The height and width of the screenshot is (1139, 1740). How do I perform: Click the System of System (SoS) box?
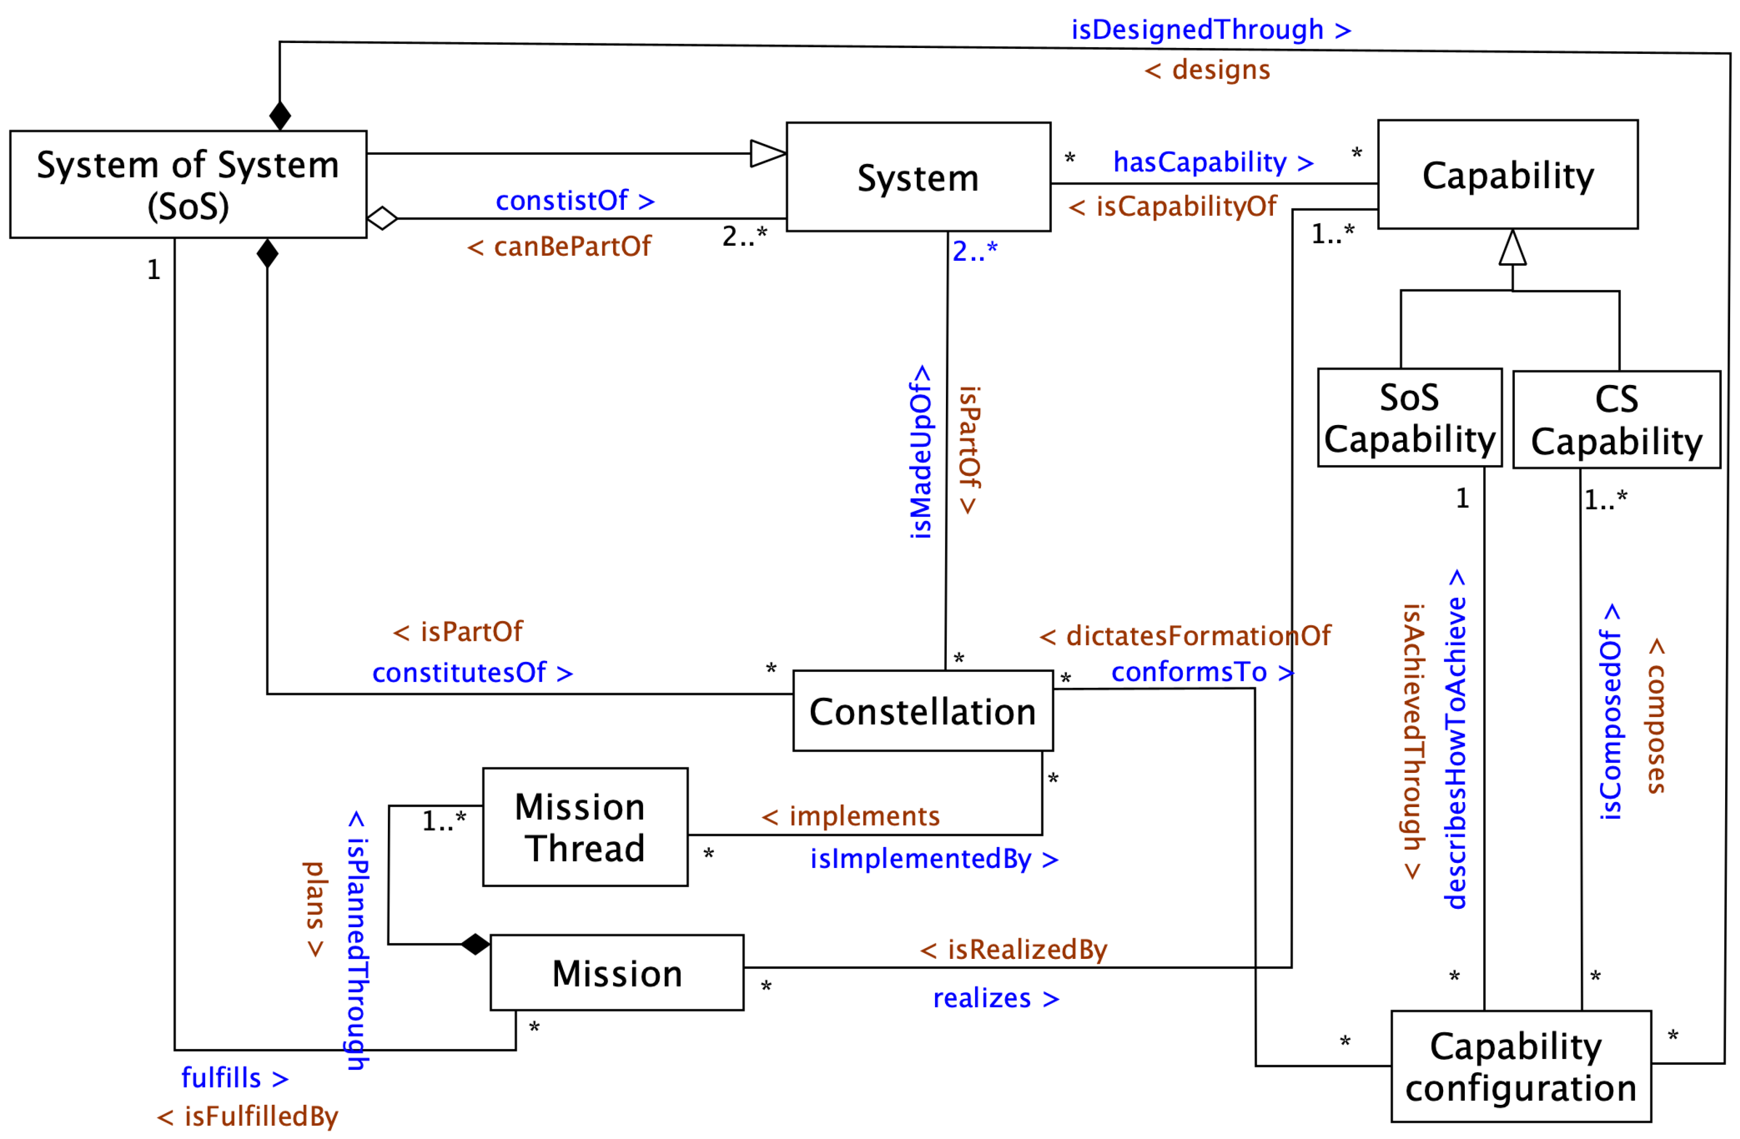point(188,184)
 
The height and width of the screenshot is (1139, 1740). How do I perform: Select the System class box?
point(918,177)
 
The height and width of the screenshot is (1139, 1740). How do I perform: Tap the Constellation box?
point(923,711)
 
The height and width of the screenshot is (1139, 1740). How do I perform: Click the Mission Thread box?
point(585,827)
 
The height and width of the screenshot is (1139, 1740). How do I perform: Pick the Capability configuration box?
point(1521,1066)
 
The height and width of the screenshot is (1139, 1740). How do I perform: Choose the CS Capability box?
point(1616,420)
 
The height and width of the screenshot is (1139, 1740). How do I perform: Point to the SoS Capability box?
point(1409,418)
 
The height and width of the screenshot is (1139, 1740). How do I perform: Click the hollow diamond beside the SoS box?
point(381,218)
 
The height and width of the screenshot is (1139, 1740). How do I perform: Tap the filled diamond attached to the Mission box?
point(475,945)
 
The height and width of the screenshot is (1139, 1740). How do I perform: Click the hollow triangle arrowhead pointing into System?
point(768,153)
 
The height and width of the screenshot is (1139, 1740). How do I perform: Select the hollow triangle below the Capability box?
point(1512,248)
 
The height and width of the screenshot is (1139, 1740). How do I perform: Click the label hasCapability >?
point(1213,162)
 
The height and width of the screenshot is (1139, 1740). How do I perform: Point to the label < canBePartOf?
point(559,246)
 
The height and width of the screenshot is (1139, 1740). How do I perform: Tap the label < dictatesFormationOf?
point(1184,635)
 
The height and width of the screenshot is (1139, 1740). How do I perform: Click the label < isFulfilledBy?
point(247,1116)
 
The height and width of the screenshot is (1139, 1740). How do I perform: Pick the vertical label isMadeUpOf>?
point(920,452)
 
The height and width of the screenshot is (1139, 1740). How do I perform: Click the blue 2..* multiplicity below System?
point(975,251)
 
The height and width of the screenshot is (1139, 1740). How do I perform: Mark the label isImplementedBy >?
point(934,858)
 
